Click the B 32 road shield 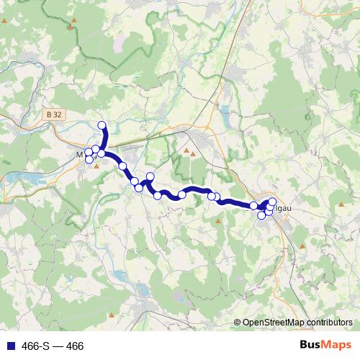[x=52, y=114]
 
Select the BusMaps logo [x=325, y=346]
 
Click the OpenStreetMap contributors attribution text [x=297, y=322]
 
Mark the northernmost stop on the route [x=102, y=126]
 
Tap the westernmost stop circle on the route [x=89, y=152]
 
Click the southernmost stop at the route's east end [x=261, y=215]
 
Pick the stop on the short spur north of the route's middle [x=150, y=176]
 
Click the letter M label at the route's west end [x=80, y=153]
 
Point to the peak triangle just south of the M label [x=96, y=166]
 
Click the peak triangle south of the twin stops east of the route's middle [x=218, y=221]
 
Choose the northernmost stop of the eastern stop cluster [x=272, y=202]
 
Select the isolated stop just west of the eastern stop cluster [x=253, y=206]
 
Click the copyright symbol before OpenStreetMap [x=238, y=322]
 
